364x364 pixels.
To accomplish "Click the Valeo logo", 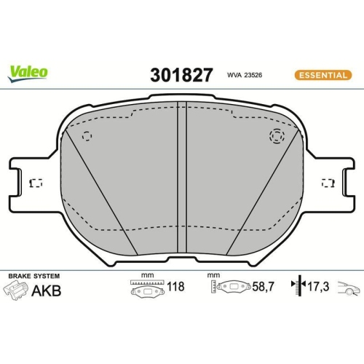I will pyautogui.click(x=28, y=71).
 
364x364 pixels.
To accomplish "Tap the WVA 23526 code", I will pyautogui.click(x=243, y=74).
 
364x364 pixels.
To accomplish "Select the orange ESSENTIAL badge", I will pyautogui.click(x=320, y=74).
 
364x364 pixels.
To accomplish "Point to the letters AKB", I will pyautogui.click(x=46, y=290).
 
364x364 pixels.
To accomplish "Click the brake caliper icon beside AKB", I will pyautogui.click(x=15, y=290).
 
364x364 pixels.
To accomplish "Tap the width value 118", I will pyautogui.click(x=175, y=287).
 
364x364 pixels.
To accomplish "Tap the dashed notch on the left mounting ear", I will pyautogui.click(x=34, y=183).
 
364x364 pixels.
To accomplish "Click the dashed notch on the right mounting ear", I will pyautogui.click(x=328, y=183).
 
